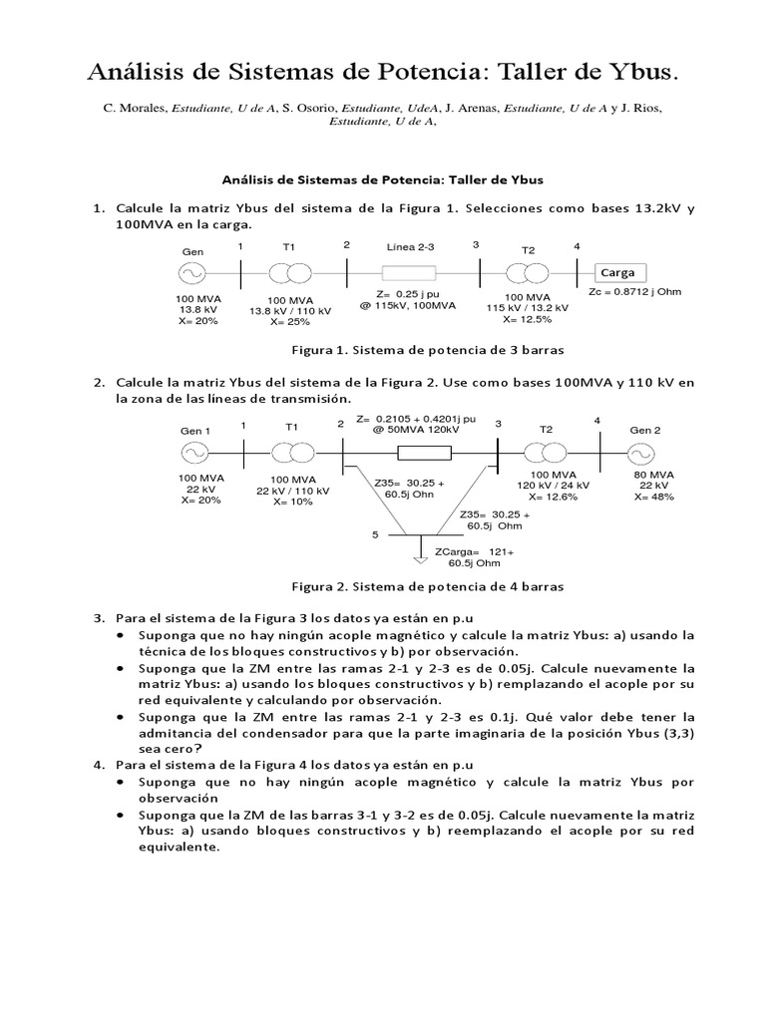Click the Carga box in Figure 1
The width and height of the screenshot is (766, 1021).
click(x=619, y=272)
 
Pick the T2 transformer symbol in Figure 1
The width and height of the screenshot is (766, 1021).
click(x=528, y=272)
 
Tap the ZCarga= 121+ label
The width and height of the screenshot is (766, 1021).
click(x=473, y=551)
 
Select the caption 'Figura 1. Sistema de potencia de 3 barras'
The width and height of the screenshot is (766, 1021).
click(x=427, y=351)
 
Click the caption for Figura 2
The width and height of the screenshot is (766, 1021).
click(x=427, y=586)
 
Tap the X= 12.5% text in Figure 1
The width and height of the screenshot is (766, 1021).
click(x=526, y=319)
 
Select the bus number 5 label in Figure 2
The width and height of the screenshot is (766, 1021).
click(x=376, y=534)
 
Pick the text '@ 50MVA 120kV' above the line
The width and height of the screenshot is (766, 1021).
click(x=417, y=429)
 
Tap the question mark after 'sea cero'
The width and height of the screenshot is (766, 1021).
click(x=198, y=749)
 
